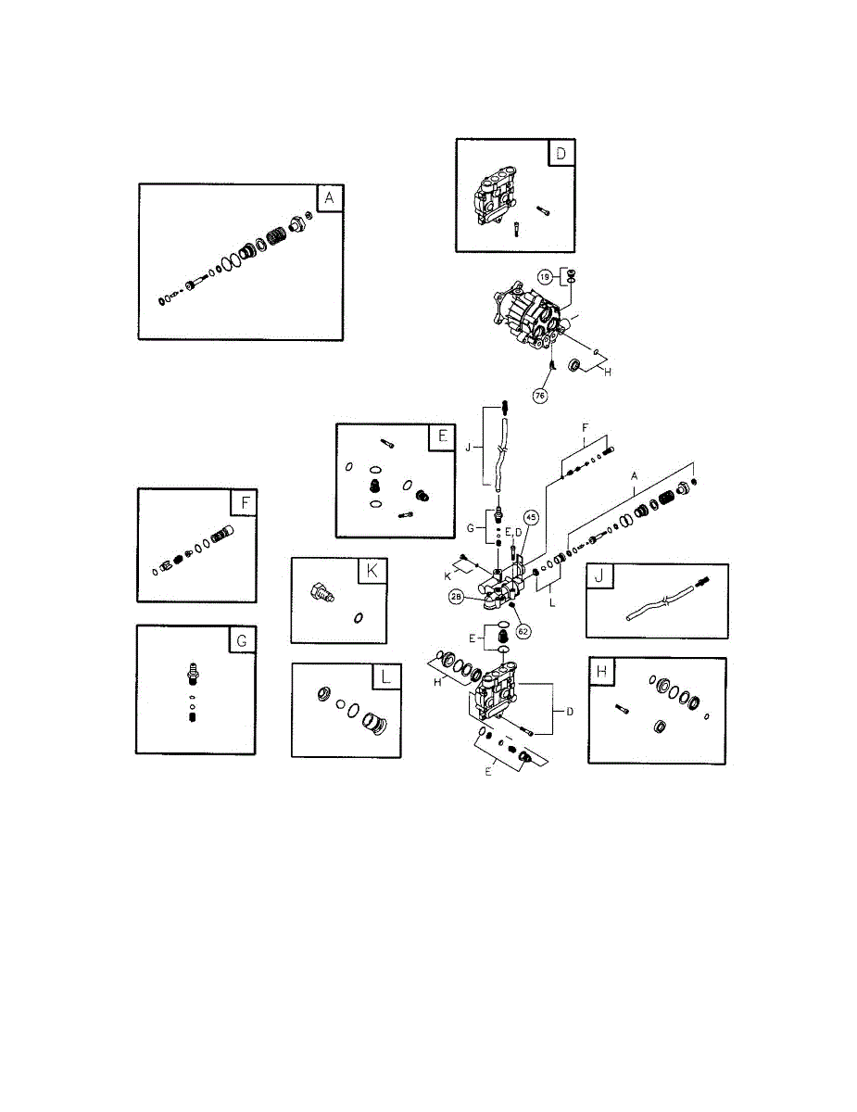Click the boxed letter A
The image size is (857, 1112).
click(x=329, y=197)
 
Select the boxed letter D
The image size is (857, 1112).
click(x=561, y=153)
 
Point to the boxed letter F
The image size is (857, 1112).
click(x=244, y=503)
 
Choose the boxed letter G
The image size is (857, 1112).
click(x=243, y=639)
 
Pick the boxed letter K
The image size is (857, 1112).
click(x=372, y=572)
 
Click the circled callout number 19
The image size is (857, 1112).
click(x=546, y=275)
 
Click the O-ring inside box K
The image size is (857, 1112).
click(x=358, y=616)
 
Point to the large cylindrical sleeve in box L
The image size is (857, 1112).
click(x=376, y=724)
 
